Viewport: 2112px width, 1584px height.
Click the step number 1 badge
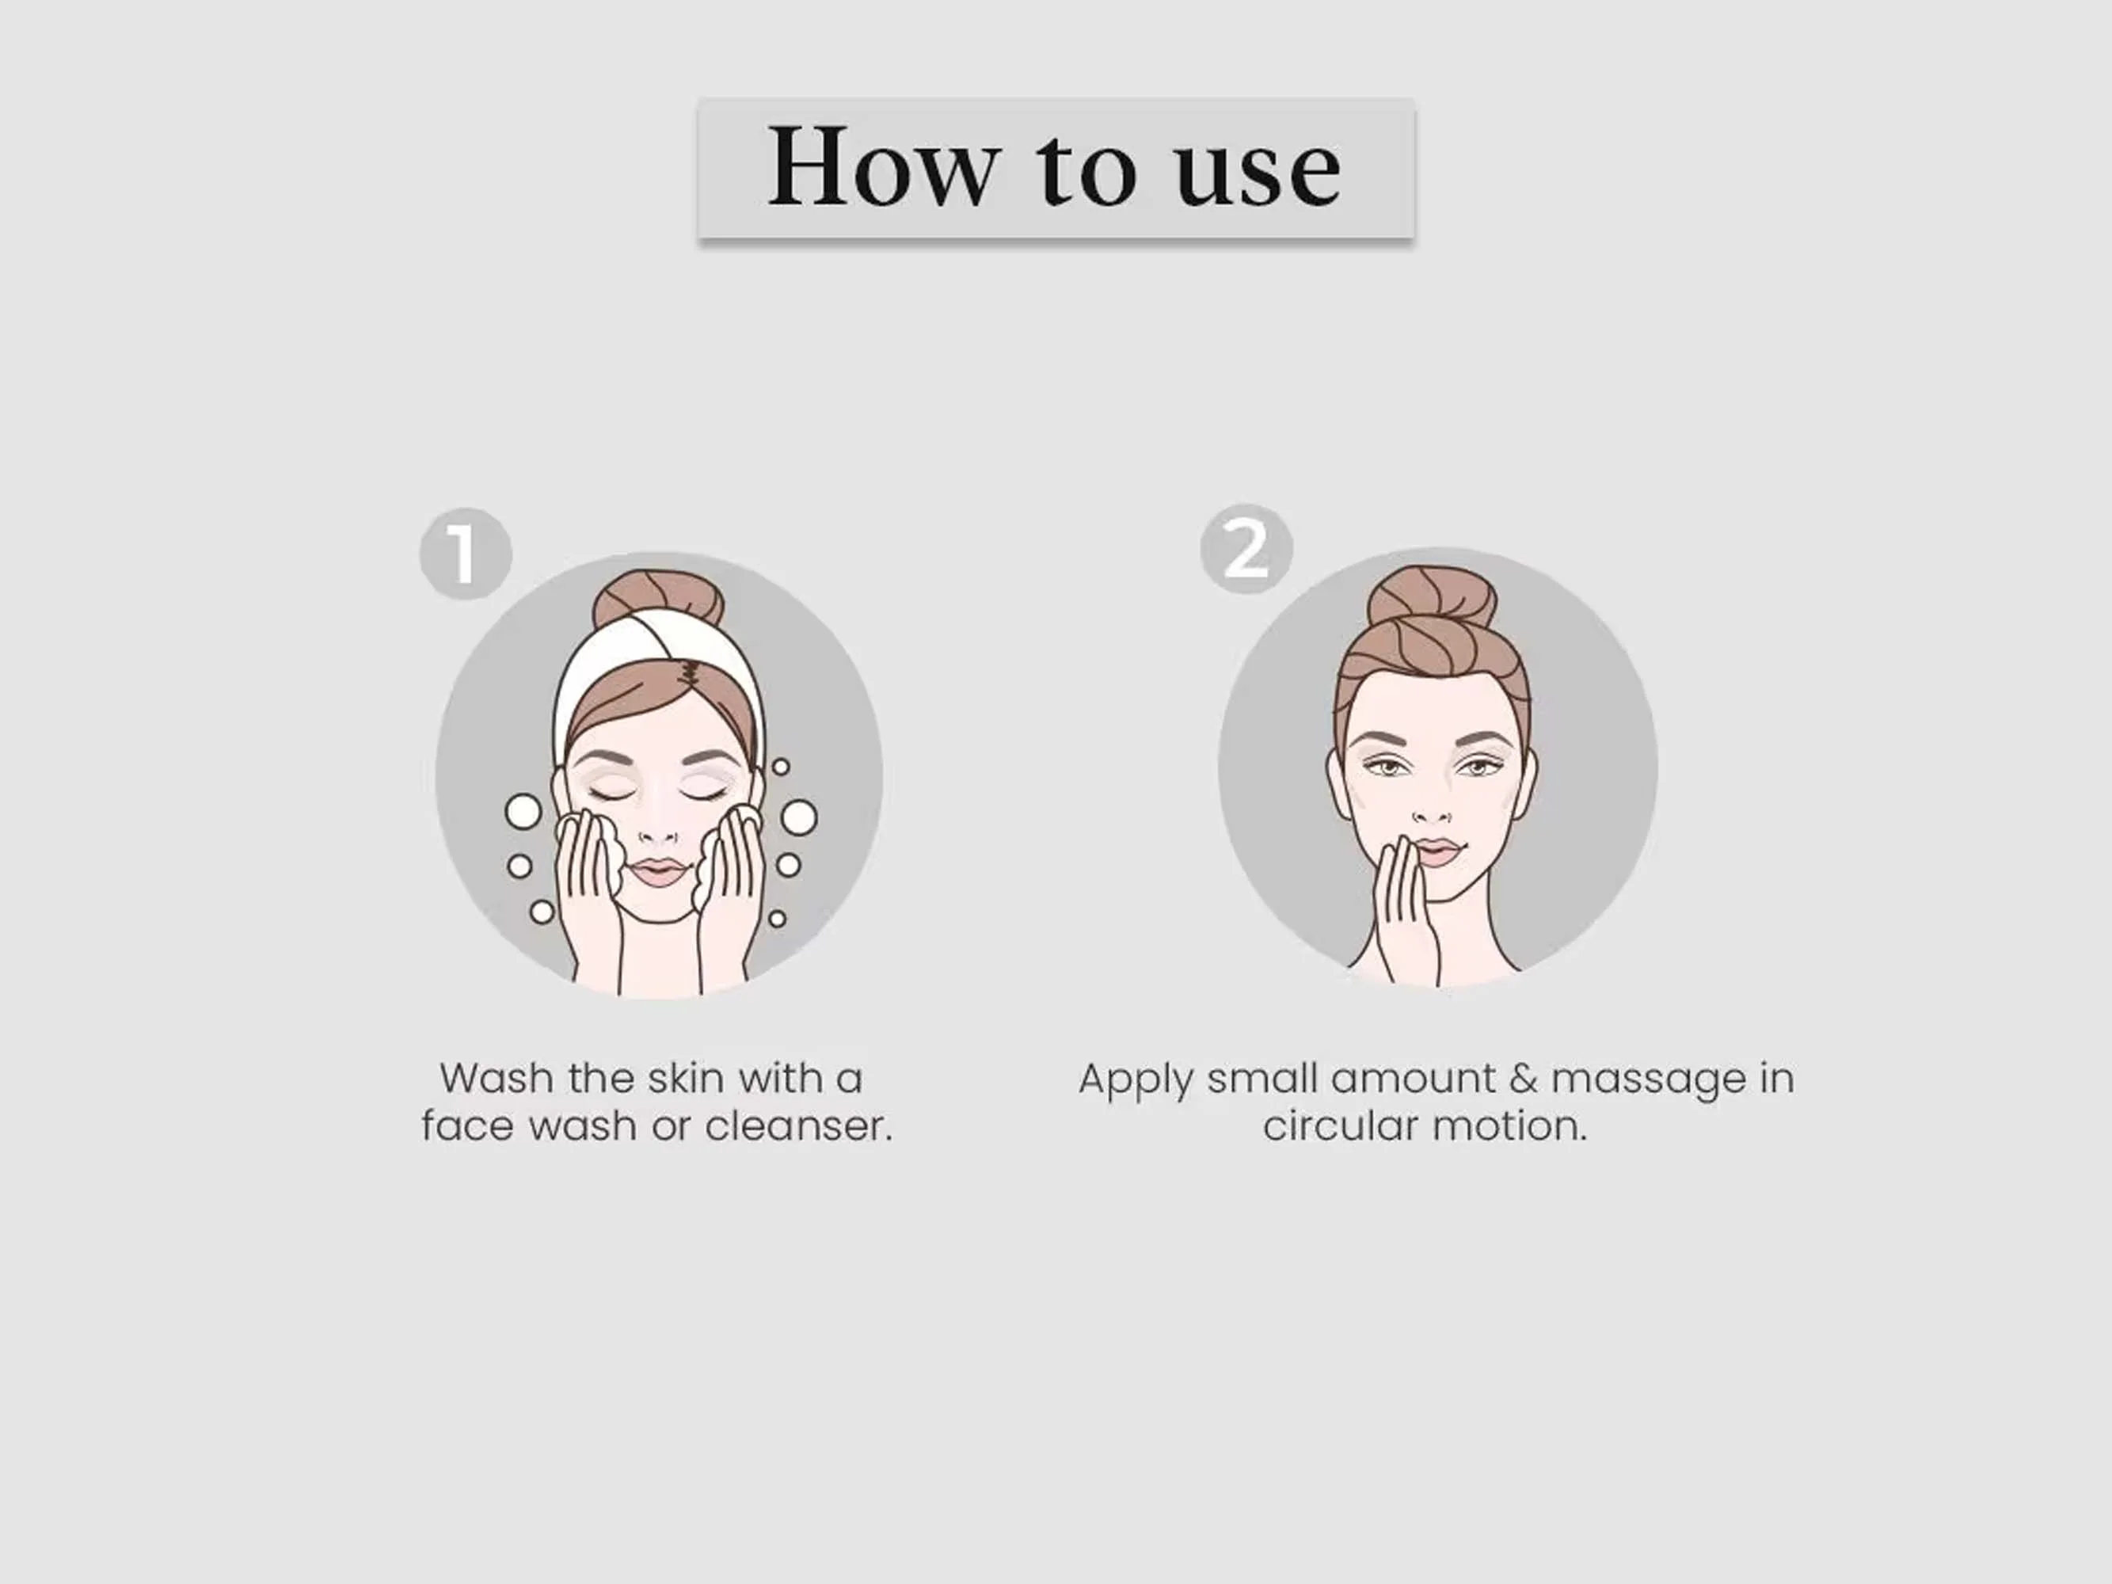(x=466, y=554)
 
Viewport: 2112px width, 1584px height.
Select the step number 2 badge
(x=1246, y=549)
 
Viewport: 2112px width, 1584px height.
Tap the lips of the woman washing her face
(x=658, y=870)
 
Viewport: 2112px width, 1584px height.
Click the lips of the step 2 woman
(x=1440, y=851)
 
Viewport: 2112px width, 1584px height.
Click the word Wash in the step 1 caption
(x=497, y=1079)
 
